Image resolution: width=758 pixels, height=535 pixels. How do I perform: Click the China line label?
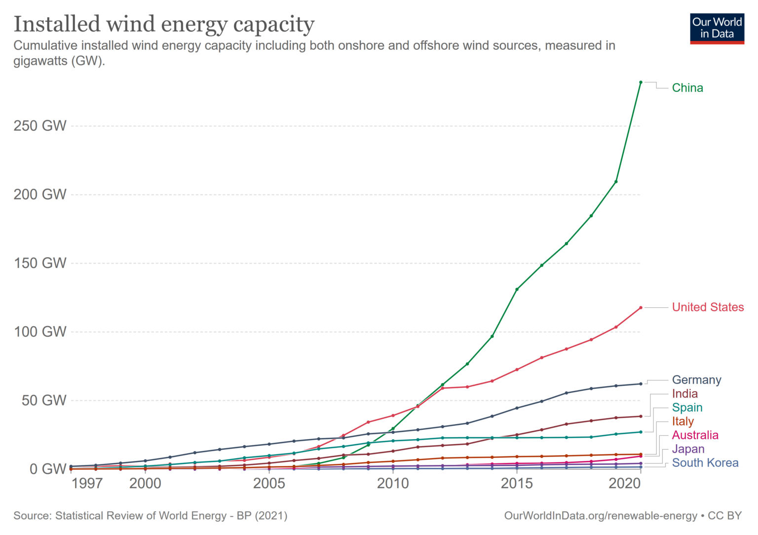687,88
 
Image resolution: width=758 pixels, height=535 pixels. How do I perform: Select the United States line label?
707,307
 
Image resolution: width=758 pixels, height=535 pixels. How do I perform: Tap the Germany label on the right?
696,380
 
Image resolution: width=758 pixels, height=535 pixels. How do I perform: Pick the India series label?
684,394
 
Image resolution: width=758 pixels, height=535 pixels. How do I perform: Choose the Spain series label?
687,408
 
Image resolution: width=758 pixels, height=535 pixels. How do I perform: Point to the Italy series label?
682,421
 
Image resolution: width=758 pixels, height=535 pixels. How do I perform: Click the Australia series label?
695,435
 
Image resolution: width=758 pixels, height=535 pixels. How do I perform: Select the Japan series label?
688,449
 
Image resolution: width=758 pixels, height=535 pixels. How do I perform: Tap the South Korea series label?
705,463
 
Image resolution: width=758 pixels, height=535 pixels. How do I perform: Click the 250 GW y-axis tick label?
40,126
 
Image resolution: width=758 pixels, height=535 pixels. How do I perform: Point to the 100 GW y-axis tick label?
40,332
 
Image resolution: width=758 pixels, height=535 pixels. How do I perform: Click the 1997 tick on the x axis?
87,483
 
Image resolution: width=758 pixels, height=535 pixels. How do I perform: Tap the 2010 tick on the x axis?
393,483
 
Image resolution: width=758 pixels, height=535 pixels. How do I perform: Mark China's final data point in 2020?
641,82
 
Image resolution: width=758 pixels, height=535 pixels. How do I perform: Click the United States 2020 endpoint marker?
641,307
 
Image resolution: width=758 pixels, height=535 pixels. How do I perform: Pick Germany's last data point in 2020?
641,383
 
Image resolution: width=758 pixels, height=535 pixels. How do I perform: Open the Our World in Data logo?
717,29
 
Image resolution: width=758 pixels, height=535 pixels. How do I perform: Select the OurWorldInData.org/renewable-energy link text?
600,516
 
